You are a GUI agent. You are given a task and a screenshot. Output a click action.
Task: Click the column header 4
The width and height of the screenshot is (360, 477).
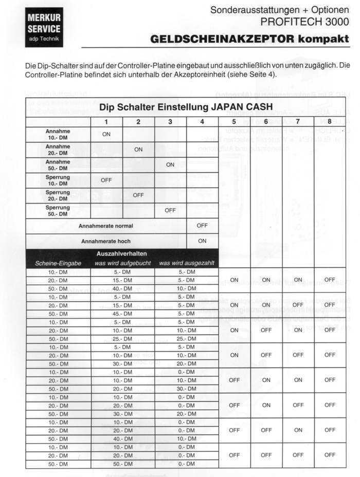point(202,122)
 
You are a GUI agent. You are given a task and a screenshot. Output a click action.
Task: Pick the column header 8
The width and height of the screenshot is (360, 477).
point(330,122)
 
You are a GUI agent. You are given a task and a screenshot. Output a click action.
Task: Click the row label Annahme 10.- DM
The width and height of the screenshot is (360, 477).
point(58,135)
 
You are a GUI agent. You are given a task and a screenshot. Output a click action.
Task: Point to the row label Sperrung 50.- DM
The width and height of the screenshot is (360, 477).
point(58,210)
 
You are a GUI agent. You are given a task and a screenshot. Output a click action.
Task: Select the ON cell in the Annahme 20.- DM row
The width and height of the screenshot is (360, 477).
point(138,150)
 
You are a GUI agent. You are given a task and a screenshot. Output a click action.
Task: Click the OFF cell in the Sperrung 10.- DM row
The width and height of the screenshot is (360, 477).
point(106,180)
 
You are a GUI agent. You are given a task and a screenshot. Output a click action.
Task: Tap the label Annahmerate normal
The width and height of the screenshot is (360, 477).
point(106,226)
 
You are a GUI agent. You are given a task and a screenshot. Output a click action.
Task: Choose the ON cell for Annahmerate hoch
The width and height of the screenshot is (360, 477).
point(202,241)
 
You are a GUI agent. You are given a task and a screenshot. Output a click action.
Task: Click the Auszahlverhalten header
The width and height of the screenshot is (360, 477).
point(122,254)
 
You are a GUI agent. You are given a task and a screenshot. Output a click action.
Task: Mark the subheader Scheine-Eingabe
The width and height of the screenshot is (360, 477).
point(58,263)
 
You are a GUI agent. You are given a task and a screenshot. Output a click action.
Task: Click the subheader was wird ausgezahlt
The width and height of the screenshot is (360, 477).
point(186,263)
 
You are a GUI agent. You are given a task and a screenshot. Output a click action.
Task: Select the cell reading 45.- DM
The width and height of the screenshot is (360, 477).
point(122,314)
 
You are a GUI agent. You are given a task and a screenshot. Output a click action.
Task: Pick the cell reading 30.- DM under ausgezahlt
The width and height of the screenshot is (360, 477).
point(186,389)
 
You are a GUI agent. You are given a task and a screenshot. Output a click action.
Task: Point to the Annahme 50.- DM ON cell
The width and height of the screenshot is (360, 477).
point(170,165)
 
